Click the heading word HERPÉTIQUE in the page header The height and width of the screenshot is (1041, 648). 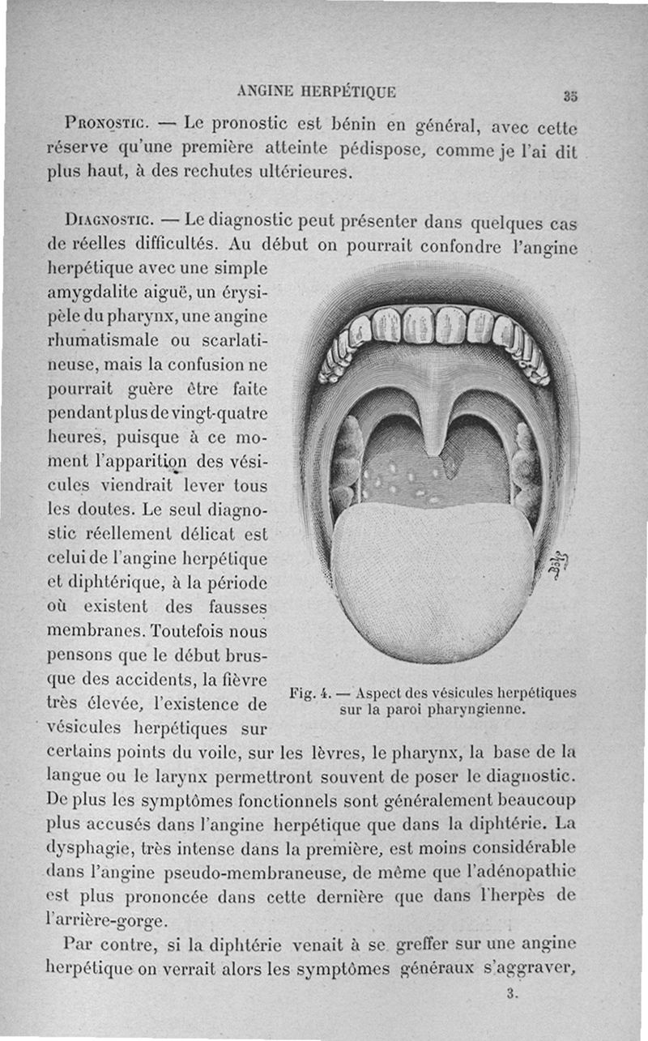[347, 92]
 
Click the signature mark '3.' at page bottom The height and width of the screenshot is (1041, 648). [512, 993]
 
